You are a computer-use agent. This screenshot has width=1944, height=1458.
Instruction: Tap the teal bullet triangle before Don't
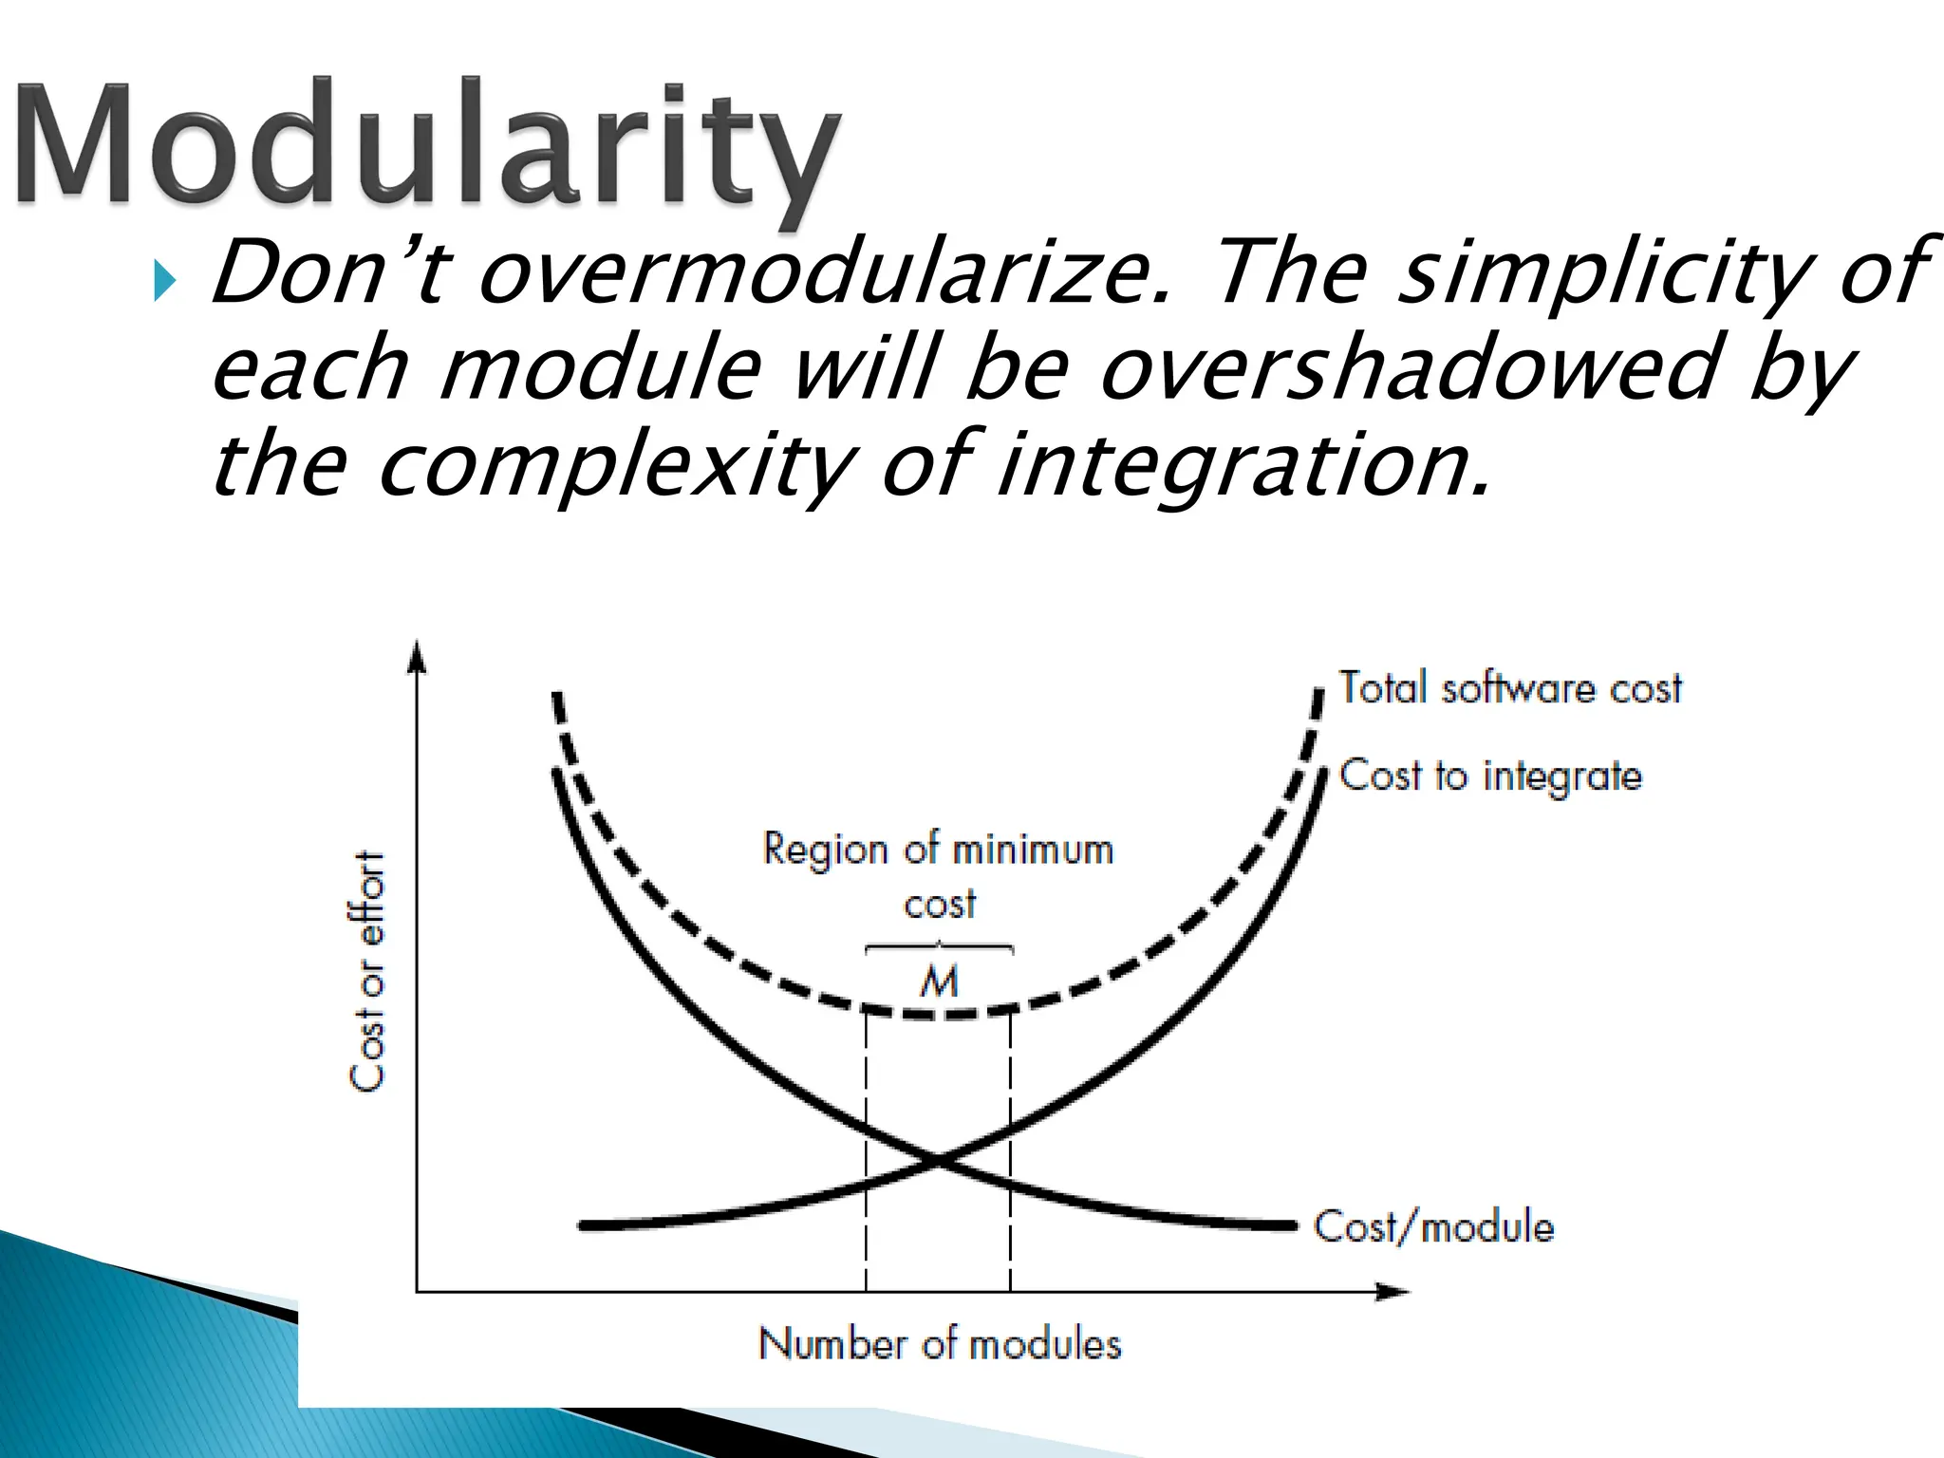[165, 281]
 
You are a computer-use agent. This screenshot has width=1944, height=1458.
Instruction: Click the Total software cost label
[1509, 688]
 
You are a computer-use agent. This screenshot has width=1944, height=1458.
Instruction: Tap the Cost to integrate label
[1490, 776]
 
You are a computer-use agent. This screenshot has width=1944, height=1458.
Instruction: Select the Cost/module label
[1433, 1226]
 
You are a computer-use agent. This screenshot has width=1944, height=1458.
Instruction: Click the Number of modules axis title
[940, 1344]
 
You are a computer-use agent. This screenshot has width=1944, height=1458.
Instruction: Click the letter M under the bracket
[939, 981]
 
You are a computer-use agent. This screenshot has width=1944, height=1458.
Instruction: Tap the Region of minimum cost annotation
[938, 873]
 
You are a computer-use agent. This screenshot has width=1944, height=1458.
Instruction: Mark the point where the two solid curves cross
[938, 1158]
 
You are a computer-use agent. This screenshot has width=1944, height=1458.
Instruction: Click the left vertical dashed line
[866, 1158]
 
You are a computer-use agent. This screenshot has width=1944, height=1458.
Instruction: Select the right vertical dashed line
[1010, 1158]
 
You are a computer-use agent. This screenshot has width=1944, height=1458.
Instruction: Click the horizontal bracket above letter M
[939, 946]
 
